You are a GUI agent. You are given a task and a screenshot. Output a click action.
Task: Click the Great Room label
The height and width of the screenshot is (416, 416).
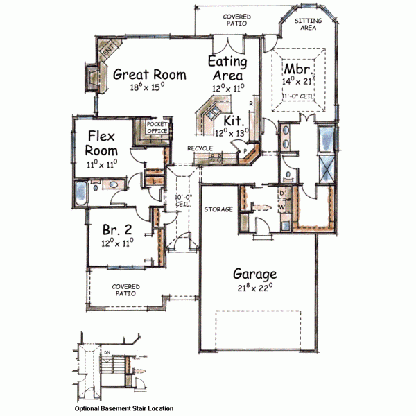pos(150,74)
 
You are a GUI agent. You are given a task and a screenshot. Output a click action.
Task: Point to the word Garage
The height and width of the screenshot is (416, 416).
pos(254,273)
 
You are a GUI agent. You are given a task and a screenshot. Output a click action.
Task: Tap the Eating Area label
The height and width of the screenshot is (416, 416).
pos(225,68)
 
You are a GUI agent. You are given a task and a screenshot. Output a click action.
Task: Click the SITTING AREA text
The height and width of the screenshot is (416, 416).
pos(307,25)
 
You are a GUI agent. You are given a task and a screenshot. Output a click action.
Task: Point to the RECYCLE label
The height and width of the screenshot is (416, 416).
pos(200,148)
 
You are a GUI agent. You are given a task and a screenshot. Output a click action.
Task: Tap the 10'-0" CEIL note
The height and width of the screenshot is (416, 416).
pos(182,201)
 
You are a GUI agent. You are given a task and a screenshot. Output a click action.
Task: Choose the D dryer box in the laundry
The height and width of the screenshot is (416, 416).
pos(282,193)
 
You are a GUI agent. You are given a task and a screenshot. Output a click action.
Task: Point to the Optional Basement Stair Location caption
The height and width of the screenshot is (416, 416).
pos(124,408)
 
